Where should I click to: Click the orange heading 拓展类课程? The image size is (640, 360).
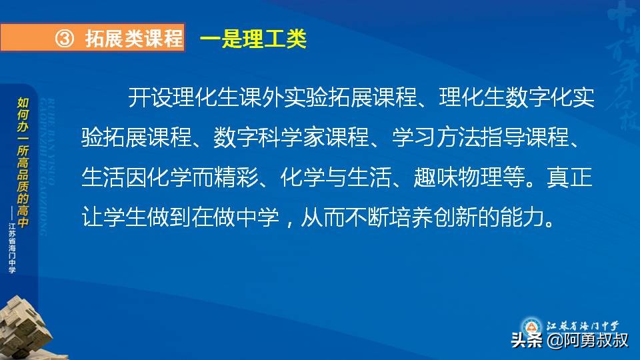(x=134, y=39)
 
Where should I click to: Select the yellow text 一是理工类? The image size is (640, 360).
(x=253, y=39)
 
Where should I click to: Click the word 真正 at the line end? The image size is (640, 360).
(x=570, y=179)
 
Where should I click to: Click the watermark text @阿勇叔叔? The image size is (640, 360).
(x=587, y=341)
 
